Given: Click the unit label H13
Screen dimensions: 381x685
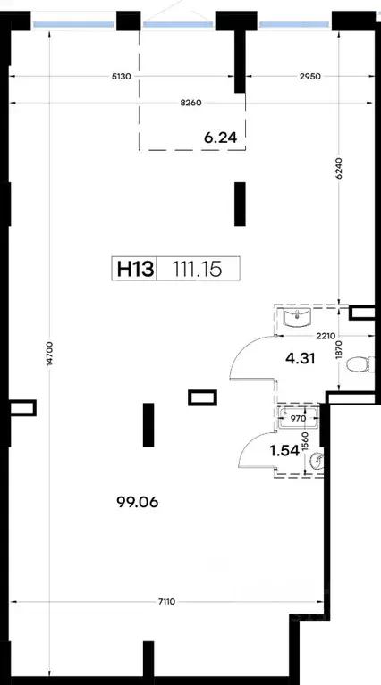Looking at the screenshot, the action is (x=136, y=268).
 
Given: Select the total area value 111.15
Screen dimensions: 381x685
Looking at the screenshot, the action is (x=198, y=268).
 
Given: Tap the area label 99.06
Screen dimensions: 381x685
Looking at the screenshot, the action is (x=138, y=503).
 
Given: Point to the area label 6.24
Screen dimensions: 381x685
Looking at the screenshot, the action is (x=221, y=138).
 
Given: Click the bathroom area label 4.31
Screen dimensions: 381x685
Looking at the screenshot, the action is (x=301, y=359).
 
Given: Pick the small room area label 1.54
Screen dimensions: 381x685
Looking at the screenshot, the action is (x=284, y=451).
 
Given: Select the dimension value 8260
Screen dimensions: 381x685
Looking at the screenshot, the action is (x=190, y=103).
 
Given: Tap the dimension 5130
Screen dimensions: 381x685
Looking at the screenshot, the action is (x=122, y=77).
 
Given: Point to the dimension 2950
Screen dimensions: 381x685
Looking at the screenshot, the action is (x=310, y=77).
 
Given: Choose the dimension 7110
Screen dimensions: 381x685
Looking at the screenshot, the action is (x=166, y=602).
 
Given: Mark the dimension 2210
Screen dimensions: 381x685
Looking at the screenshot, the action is (x=326, y=336).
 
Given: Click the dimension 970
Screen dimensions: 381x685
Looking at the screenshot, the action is (x=298, y=418).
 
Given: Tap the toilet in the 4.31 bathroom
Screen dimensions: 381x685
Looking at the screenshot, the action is (x=360, y=363).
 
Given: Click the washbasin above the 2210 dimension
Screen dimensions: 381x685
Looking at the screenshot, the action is (x=297, y=317).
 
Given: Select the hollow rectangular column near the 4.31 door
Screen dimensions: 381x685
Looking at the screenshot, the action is (x=202, y=397).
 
